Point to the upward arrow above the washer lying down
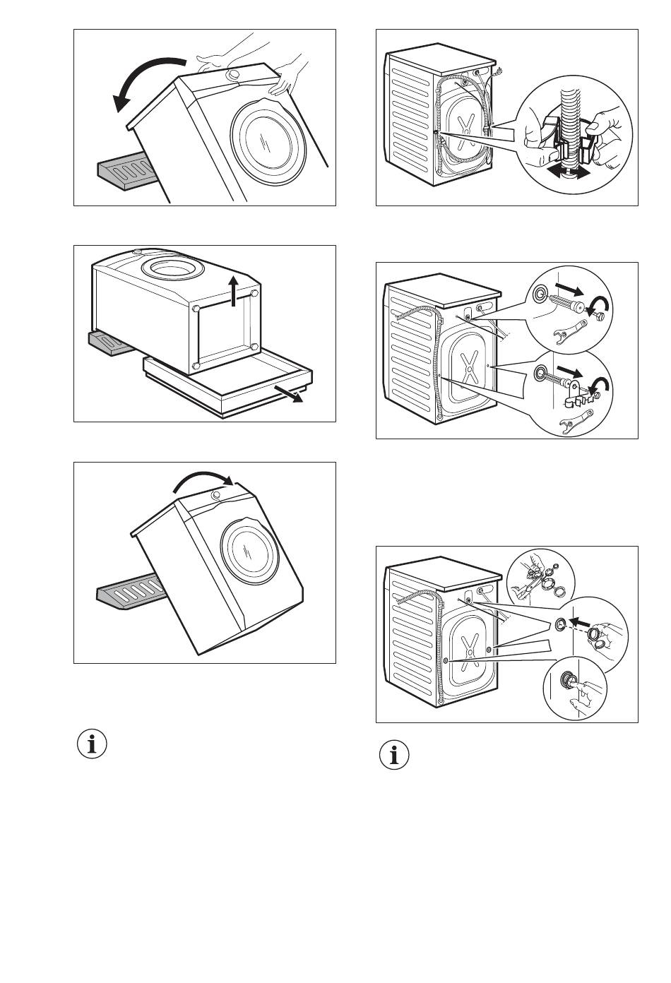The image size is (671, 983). pyautogui.click(x=234, y=291)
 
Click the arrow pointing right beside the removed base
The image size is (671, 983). pyautogui.click(x=290, y=393)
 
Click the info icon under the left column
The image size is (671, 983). pyautogui.click(x=92, y=744)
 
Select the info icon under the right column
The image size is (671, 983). pyautogui.click(x=395, y=755)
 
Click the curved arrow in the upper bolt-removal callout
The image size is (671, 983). pyautogui.click(x=602, y=305)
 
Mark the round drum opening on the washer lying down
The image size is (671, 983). pyautogui.click(x=173, y=268)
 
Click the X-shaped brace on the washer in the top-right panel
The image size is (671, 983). pyautogui.click(x=465, y=131)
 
